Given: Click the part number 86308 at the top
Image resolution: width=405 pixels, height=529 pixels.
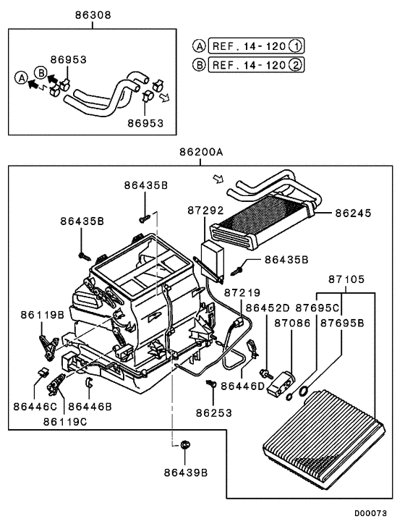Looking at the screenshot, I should pyautogui.click(x=92, y=15).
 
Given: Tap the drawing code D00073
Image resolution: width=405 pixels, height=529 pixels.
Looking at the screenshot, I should pyautogui.click(x=370, y=513).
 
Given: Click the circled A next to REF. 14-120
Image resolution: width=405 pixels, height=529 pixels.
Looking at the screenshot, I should pyautogui.click(x=198, y=46).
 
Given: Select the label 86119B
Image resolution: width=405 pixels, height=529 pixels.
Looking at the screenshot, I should pyautogui.click(x=42, y=315).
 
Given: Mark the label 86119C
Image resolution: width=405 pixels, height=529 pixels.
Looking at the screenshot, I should pyautogui.click(x=66, y=420).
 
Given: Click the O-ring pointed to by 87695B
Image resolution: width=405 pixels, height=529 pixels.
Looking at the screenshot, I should pyautogui.click(x=304, y=392).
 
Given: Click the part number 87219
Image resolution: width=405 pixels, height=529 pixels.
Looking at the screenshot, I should pyautogui.click(x=243, y=293).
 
